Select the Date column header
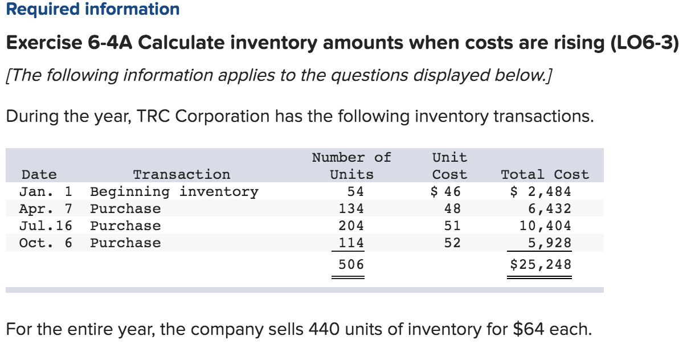38,174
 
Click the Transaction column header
181,174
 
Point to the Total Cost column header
544,174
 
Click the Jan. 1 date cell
46,191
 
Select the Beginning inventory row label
174,191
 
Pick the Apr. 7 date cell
46,208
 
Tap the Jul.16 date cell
46,226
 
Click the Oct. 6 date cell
46,243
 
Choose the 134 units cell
351,208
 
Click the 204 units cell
351,226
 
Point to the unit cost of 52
452,243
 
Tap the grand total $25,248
540,264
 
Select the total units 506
351,264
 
